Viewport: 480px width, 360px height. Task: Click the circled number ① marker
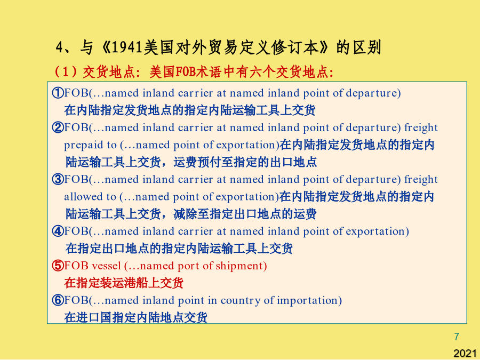pyautogui.click(x=58, y=92)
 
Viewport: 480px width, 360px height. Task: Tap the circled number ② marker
pyautogui.click(x=58, y=127)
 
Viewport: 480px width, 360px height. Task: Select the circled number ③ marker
pyautogui.click(x=58, y=179)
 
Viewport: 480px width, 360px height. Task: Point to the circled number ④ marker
pyautogui.click(x=58, y=231)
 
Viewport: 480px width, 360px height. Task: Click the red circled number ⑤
pyautogui.click(x=58, y=266)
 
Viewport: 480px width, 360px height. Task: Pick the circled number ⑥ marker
pyautogui.click(x=58, y=300)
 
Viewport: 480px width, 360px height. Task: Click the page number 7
pyautogui.click(x=457, y=337)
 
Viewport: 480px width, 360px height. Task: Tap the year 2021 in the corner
pyautogui.click(x=465, y=353)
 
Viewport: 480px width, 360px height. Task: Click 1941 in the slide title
pyautogui.click(x=127, y=48)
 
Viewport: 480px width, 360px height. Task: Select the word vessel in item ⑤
pyautogui.click(x=106, y=266)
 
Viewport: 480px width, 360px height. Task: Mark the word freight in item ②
pyautogui.click(x=421, y=128)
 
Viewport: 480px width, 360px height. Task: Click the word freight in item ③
pyautogui.click(x=421, y=180)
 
